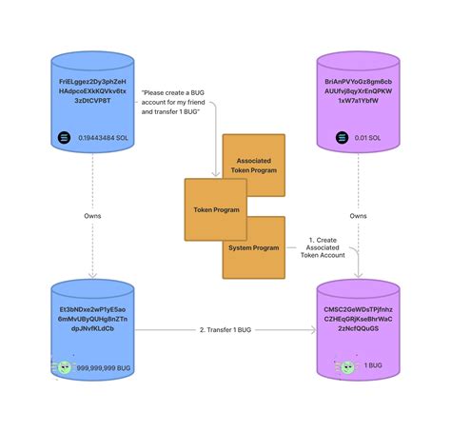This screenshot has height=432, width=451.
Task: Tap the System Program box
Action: point(253,247)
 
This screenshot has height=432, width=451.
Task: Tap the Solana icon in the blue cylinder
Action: point(63,139)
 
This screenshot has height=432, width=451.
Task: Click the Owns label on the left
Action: point(91,216)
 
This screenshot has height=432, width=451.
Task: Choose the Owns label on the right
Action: point(358,216)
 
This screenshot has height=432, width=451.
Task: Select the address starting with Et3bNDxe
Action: point(91,319)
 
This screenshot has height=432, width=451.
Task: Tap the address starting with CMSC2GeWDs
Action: point(358,319)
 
